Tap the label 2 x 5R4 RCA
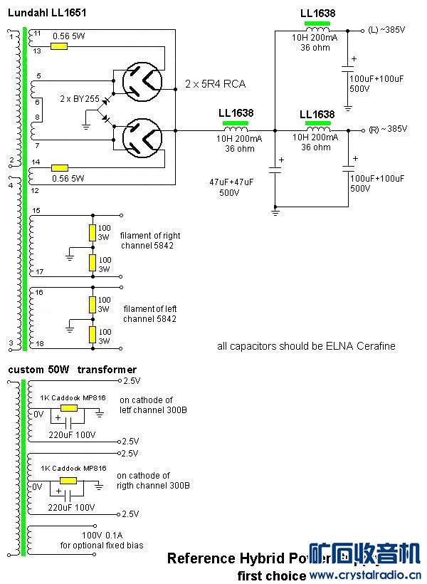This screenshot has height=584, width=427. [215, 84]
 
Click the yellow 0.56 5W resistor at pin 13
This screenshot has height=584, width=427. [58, 46]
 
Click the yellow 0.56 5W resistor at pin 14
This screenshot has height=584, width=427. [58, 169]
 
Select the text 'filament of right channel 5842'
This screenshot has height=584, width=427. [149, 240]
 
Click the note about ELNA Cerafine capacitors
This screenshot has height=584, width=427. [306, 346]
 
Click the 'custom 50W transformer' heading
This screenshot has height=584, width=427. [73, 369]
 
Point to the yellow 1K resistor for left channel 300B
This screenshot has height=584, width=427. [69, 407]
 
